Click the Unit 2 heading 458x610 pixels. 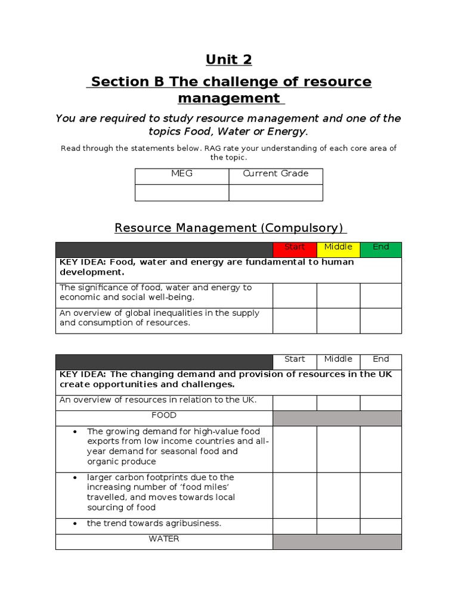pos(228,60)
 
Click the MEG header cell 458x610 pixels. pos(182,174)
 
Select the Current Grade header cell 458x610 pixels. pos(276,174)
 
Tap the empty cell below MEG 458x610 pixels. pos(182,192)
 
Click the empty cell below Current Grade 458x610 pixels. pos(276,192)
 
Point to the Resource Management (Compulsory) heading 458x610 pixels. pos(228,228)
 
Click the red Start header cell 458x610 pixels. pos(295,247)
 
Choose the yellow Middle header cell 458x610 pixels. pos(338,247)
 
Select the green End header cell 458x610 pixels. pos(380,247)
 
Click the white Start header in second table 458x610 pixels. pos(295,359)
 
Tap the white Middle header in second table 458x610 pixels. pos(338,359)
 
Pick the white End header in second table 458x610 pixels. pos(380,359)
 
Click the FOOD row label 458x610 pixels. pos(164,415)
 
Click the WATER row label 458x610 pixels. pos(164,539)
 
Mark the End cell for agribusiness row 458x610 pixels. pos(380,525)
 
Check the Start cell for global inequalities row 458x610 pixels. pos(295,320)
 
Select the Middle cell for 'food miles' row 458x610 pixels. pos(338,494)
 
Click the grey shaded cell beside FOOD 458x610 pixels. pos(337,418)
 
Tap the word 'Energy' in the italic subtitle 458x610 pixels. pos(288,131)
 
